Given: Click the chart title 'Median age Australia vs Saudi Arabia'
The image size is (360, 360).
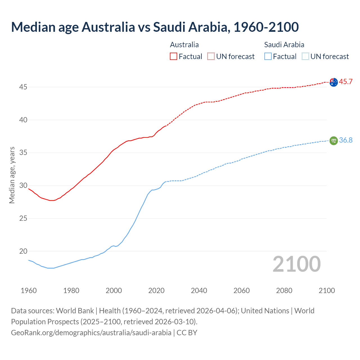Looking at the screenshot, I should (x=155, y=27).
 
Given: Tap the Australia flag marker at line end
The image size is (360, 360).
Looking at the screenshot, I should (x=334, y=82).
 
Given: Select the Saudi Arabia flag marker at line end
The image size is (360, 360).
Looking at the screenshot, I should (x=334, y=140).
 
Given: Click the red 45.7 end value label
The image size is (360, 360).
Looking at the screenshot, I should (x=346, y=82).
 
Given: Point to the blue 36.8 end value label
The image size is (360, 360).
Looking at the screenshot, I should (x=346, y=140).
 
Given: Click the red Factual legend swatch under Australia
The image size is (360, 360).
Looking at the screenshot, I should (x=174, y=56).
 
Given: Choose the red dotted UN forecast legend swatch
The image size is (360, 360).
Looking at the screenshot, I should (x=211, y=56).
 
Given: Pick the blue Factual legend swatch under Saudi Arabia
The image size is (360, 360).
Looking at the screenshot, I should (x=268, y=56).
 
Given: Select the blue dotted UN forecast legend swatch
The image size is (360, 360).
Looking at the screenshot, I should (x=305, y=56).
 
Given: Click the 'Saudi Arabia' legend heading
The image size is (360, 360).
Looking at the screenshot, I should (x=284, y=45).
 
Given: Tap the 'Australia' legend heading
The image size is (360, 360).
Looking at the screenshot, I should (x=184, y=45).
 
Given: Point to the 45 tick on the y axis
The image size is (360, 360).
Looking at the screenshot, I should (x=23, y=87).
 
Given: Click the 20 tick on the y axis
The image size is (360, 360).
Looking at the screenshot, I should (x=23, y=251).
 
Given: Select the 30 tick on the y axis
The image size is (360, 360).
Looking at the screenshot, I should (x=23, y=186).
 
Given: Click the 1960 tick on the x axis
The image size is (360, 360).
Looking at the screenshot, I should (x=29, y=291).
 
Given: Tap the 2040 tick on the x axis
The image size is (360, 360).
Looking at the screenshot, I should (x=199, y=291).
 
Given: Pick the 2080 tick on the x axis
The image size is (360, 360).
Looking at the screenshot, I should (x=284, y=291).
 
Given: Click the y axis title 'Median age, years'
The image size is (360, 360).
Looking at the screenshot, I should (x=12, y=175).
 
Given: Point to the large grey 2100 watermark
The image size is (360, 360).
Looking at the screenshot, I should (x=297, y=264).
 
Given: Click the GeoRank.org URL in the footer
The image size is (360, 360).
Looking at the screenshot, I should (x=91, y=333).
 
